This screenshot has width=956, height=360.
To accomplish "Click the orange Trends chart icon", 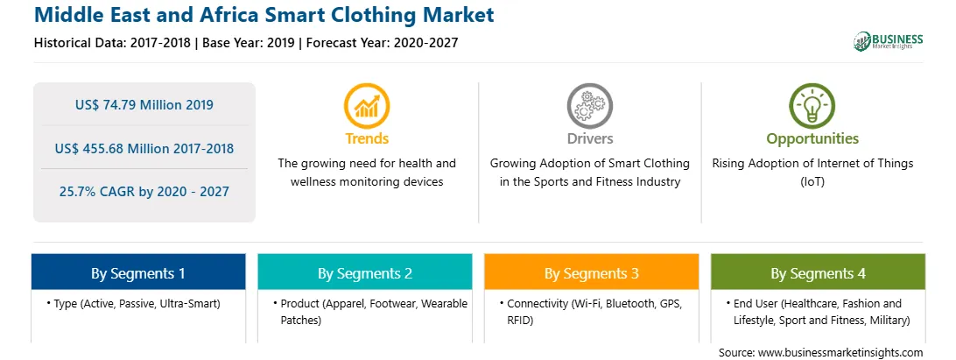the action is (x=367, y=106).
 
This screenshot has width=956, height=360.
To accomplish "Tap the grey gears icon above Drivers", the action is (x=589, y=106).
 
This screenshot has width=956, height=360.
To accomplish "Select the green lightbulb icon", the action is (x=812, y=106).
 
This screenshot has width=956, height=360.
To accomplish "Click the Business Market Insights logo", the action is (x=889, y=41).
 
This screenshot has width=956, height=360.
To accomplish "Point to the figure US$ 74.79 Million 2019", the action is (x=144, y=105).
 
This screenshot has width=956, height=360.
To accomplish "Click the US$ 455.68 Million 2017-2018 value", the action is (x=144, y=148).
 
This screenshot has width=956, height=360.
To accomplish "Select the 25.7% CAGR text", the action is (x=144, y=192).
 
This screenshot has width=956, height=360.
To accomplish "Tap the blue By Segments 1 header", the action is (x=138, y=272).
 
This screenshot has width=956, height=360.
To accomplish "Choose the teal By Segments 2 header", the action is (x=364, y=272).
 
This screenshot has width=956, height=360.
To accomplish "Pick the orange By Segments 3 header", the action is (x=592, y=272).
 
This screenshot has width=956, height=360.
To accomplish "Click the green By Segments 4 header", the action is (x=819, y=272).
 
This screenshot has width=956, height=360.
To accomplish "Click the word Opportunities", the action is (x=812, y=139).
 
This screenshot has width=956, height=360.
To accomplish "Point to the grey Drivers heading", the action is (x=589, y=138).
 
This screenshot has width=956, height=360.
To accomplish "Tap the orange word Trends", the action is (x=367, y=138).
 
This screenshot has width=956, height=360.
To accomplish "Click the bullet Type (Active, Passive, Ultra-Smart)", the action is (x=133, y=303).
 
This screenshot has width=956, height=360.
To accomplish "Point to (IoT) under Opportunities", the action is (x=812, y=182).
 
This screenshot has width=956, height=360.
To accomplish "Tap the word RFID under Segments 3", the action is (x=520, y=320).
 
